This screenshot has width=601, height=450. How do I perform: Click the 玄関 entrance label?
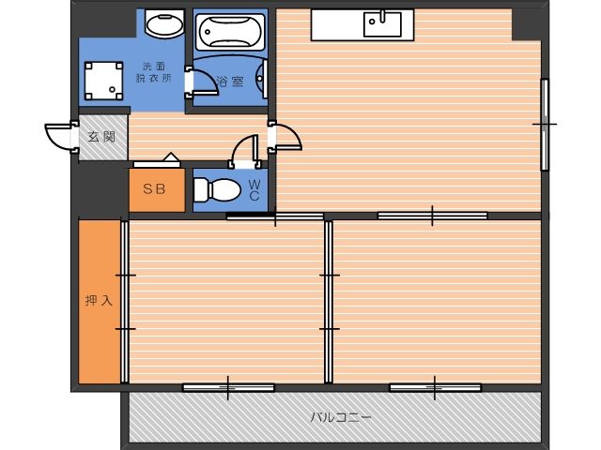click(x=101, y=137)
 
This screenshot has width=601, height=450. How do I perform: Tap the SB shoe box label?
click(x=154, y=189)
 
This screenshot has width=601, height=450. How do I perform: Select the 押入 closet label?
click(x=99, y=300)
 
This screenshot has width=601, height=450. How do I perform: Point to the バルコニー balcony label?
click(x=341, y=416)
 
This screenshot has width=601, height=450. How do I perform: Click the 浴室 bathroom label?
click(x=230, y=82)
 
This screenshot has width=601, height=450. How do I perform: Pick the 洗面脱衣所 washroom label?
click(x=154, y=72)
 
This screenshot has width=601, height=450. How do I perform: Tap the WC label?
click(x=254, y=190)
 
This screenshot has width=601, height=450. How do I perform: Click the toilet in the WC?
click(x=217, y=189)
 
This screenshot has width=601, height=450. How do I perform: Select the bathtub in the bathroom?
click(x=230, y=32)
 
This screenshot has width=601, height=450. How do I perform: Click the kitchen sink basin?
click(x=382, y=24)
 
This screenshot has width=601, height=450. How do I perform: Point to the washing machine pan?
click(x=103, y=81)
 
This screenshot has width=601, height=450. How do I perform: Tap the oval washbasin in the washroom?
click(x=165, y=24)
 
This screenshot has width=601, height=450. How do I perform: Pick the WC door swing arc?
click(x=240, y=143)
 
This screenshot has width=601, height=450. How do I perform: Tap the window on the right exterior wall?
click(x=545, y=125)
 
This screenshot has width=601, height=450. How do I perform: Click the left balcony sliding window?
click(x=228, y=388)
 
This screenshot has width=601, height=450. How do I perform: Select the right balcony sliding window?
click(x=435, y=388)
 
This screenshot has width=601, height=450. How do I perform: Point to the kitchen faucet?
click(x=382, y=15)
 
